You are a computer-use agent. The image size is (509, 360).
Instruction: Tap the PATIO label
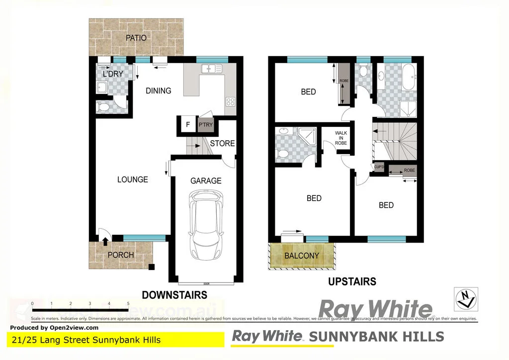coord(136,37)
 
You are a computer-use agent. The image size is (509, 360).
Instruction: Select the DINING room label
coord(159,90)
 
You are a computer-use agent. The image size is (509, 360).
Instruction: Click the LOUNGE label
coord(133,179)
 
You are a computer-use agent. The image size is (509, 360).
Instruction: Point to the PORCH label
coord(121,255)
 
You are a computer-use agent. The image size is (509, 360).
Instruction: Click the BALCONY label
coord(302,256)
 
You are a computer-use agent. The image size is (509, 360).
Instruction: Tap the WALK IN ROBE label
coord(341,138)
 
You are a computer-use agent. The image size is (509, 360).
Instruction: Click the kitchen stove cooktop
coord(230,101)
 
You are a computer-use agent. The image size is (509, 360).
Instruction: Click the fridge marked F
coord(187,125)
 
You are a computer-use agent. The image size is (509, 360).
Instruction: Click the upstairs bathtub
coord(411,77)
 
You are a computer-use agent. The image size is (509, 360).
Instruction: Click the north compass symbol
coord(465,299)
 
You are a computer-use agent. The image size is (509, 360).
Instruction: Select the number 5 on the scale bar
coord(128,303)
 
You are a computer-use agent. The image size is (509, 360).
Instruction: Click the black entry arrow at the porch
coord(105,242)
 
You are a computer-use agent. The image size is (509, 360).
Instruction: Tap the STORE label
coord(222,143)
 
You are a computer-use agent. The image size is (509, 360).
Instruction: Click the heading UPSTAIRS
coord(352,282)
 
